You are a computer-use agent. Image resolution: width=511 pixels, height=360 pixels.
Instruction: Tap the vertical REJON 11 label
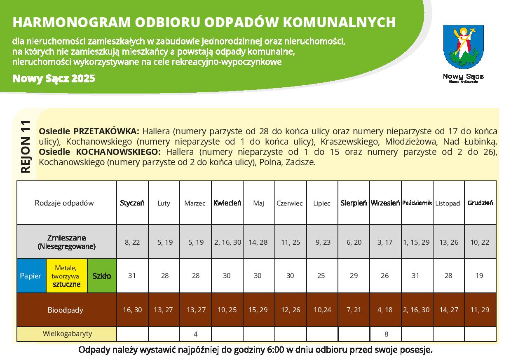point(26,147)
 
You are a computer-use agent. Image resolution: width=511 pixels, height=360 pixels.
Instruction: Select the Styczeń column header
point(132,203)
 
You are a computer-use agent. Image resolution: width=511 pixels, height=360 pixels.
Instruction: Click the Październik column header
point(417,203)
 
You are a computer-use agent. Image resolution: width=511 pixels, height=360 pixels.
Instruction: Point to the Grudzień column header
point(480,203)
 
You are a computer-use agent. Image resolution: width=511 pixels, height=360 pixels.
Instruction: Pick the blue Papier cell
point(31,276)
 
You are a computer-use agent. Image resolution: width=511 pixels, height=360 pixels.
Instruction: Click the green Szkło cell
point(102,276)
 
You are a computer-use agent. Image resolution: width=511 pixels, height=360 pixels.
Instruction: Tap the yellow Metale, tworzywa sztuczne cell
point(67,276)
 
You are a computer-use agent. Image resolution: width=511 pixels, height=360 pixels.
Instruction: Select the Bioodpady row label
point(66,310)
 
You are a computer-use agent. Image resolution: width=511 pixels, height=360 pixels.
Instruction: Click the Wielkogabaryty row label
point(67,334)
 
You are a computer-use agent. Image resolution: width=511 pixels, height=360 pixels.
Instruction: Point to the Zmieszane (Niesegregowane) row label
point(66,242)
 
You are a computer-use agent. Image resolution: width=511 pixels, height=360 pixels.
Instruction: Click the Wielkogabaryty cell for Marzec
point(196,334)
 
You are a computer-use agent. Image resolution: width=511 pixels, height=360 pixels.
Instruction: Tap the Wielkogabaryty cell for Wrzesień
point(386,334)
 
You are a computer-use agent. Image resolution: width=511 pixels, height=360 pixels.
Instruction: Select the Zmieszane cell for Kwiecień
point(227,242)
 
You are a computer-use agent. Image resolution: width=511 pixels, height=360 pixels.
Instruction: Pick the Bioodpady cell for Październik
point(417,310)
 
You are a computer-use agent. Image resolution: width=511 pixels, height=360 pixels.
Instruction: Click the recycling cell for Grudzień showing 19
point(480,276)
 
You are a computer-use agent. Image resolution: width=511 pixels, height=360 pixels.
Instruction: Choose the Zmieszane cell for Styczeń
point(132,242)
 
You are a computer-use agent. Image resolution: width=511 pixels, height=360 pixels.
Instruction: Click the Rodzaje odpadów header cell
point(64,203)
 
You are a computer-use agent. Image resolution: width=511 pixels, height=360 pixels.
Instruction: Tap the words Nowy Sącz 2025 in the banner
point(54,78)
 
